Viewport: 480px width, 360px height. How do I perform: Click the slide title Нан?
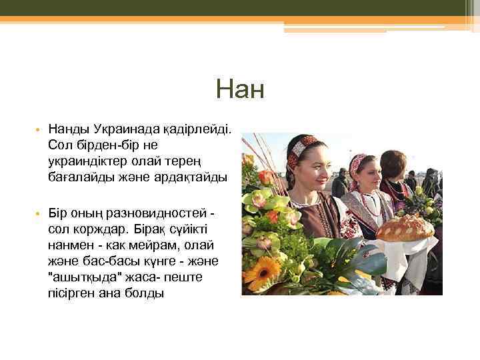coord(240,89)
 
